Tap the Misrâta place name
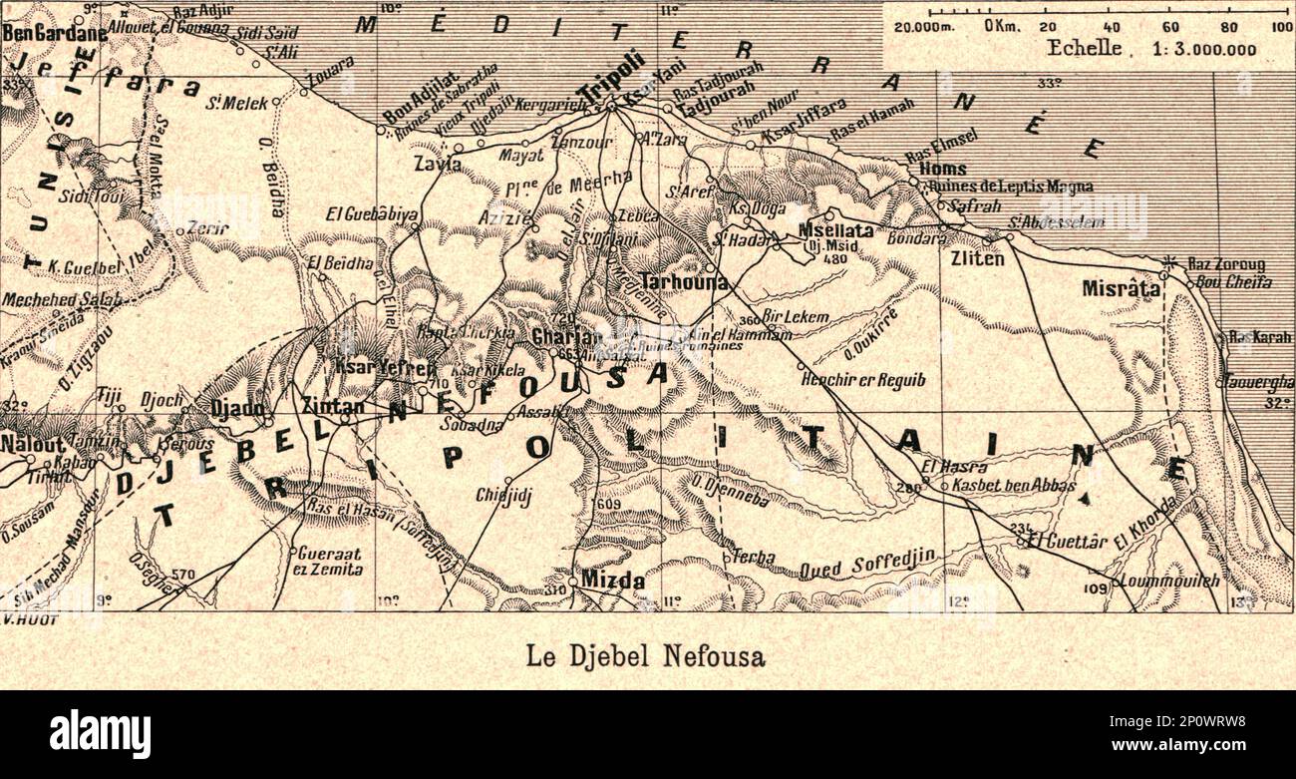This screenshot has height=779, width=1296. point(1121,289)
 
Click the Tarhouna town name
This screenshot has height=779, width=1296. point(684,282)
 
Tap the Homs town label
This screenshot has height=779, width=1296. point(942,169)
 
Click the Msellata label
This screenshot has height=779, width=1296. point(835,230)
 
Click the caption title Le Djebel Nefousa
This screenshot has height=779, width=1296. point(646,656)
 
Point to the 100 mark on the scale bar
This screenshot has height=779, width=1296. point(1282,27)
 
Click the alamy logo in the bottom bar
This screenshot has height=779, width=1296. point(100,734)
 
